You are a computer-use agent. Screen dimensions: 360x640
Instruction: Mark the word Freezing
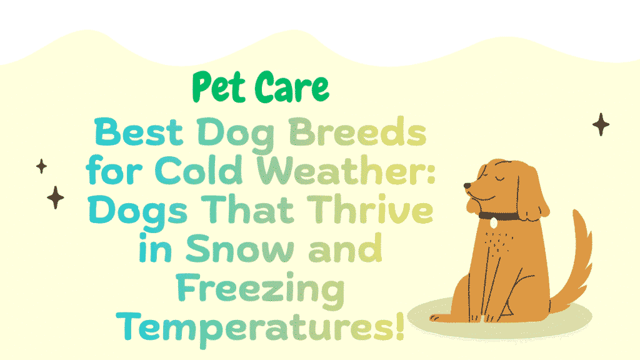(x=260, y=289)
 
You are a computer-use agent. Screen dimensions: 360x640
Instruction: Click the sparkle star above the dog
(x=601, y=124)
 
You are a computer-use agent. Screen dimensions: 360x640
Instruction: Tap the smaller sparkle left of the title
(x=42, y=166)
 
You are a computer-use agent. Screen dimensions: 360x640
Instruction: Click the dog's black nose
(x=467, y=186)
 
